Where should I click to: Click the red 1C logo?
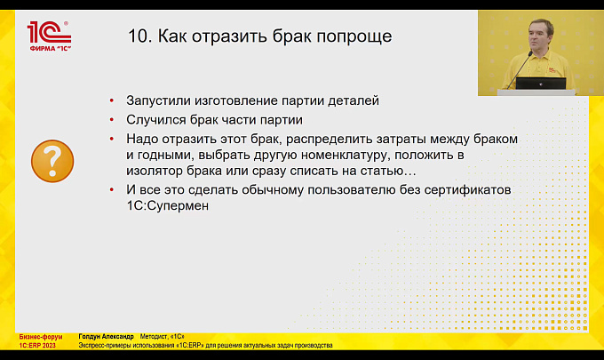coord(50,36)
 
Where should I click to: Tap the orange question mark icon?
coord(52,161)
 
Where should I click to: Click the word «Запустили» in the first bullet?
coord(158,100)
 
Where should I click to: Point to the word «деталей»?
coord(354,101)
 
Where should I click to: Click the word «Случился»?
coord(156,120)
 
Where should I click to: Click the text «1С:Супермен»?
coord(168,206)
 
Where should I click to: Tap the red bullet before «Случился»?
coord(112,120)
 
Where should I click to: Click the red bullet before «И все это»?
coord(112,189)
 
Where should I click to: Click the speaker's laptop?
coord(541,84)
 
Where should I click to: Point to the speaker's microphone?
coord(520,70)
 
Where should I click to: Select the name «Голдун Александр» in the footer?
coord(106,337)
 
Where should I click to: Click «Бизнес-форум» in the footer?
coord(41,337)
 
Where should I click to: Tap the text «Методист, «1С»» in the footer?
coord(162,337)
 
